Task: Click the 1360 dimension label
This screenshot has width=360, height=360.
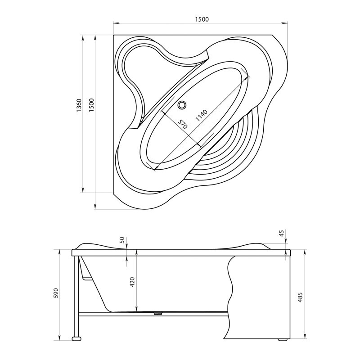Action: (x=79, y=105)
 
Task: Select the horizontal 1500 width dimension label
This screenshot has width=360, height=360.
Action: (x=202, y=19)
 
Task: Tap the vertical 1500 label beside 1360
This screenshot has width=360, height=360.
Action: (x=92, y=105)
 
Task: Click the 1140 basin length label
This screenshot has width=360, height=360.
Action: (x=201, y=116)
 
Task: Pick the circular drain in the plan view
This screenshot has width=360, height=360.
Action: (x=182, y=105)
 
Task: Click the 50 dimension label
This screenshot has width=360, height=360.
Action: (x=122, y=240)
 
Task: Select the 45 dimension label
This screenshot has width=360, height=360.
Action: (x=282, y=233)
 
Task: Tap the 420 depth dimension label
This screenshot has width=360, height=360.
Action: (x=132, y=282)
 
